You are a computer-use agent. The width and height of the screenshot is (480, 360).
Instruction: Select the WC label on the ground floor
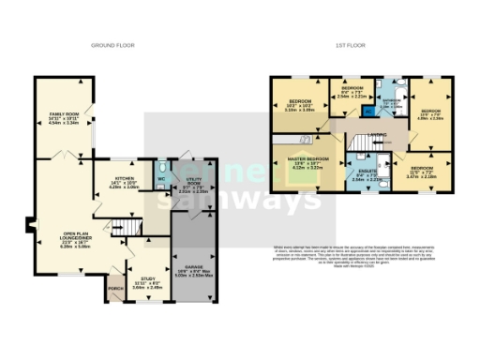click(161, 178)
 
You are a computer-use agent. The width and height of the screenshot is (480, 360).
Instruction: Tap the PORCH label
click(115, 288)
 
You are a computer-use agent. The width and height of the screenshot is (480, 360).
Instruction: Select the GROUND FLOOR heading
click(114, 45)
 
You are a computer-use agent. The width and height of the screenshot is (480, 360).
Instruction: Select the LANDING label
click(379, 134)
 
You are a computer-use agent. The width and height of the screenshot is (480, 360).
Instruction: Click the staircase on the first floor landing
click(356, 142)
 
